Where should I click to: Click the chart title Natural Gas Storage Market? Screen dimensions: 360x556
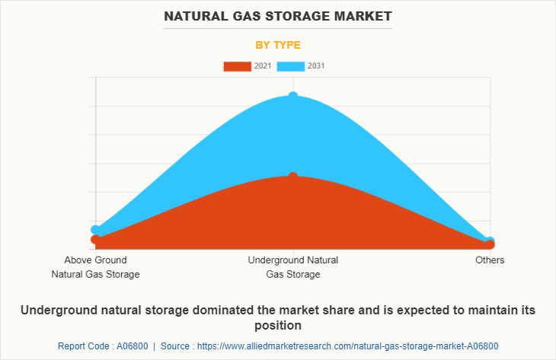pos(277,15)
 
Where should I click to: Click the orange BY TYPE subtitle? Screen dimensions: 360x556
pos(277,45)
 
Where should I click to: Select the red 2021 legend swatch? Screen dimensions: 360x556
pos(237,66)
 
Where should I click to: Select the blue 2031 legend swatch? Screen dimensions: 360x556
pos(290,66)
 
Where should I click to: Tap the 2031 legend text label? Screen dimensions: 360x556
pos(316,66)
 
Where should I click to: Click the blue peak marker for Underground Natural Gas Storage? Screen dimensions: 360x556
pos(293,97)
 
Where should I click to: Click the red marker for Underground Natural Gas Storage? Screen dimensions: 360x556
pos(293,177)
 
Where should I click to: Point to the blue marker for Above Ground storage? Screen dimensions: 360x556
pos(95,229)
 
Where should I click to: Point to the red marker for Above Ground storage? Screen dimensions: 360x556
pos(95,240)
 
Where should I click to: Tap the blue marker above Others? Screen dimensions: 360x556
pos(490,241)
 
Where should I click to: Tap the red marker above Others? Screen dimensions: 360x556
pos(490,245)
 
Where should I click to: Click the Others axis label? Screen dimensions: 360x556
pos(490,260)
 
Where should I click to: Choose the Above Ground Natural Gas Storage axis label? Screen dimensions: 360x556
pos(95,267)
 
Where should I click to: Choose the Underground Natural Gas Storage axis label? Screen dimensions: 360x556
pos(293,267)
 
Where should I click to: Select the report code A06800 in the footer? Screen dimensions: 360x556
pos(128,346)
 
